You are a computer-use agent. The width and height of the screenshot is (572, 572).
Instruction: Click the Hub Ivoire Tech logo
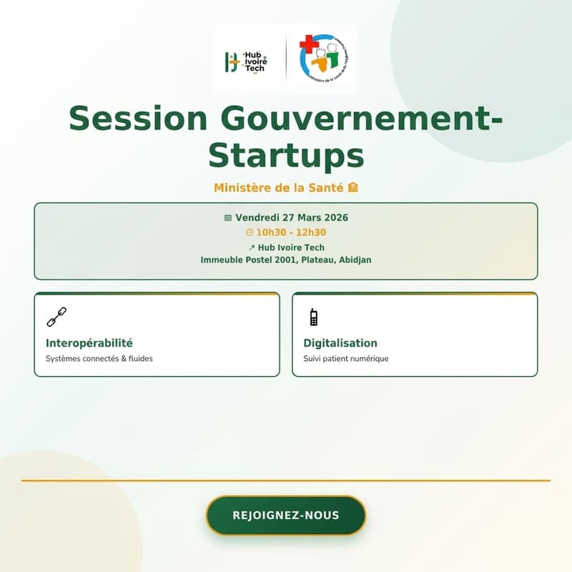[x=245, y=62]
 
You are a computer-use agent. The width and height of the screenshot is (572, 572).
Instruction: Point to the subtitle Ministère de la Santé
[x=280, y=188]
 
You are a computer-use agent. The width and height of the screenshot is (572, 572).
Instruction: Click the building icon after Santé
[x=352, y=188]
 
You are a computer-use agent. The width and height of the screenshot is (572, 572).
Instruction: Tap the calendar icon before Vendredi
[x=228, y=217]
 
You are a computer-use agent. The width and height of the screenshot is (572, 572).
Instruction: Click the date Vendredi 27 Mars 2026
[x=291, y=217]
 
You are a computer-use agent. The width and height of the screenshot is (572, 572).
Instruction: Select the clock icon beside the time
[x=250, y=232]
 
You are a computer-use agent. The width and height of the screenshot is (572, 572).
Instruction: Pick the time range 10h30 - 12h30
[x=291, y=232]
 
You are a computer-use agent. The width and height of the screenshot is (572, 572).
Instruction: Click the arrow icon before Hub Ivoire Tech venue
[x=252, y=247]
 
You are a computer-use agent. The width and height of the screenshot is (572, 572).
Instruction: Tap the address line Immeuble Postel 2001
[x=286, y=260]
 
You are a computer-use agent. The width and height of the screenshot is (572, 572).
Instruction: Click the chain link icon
[x=56, y=316]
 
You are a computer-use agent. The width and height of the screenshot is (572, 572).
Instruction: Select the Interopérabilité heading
[x=89, y=343]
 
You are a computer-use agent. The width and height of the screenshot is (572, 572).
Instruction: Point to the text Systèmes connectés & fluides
[x=99, y=358]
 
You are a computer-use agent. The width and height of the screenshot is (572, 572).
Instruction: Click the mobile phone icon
[x=313, y=316]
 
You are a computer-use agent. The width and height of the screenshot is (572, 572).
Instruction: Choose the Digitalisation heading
[x=340, y=343]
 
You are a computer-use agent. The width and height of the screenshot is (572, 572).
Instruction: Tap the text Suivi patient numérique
[x=346, y=358]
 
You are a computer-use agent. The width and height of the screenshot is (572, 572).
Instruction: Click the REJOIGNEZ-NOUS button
[x=286, y=516]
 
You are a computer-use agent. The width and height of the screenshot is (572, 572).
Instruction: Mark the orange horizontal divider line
[x=286, y=480]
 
